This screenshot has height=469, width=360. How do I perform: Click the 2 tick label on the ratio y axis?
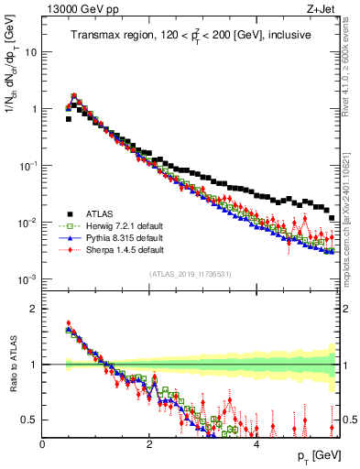[35, 309]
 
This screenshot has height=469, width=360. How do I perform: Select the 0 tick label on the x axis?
[42, 444]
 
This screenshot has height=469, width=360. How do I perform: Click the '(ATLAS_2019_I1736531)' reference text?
[191, 273]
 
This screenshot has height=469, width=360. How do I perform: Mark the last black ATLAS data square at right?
[332, 218]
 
